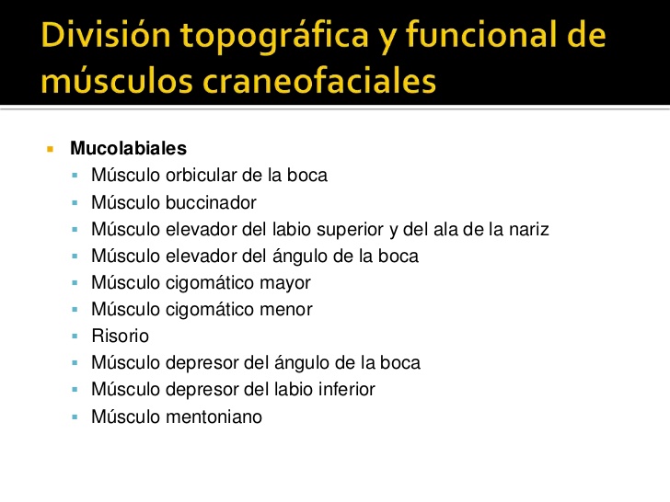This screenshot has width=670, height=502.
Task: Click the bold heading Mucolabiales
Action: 128,148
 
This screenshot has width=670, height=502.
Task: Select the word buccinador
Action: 212,202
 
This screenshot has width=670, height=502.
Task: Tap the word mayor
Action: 285,283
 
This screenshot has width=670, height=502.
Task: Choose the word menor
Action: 286,310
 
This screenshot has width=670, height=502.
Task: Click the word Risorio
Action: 120,337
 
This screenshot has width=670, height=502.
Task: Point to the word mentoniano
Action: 216,416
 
